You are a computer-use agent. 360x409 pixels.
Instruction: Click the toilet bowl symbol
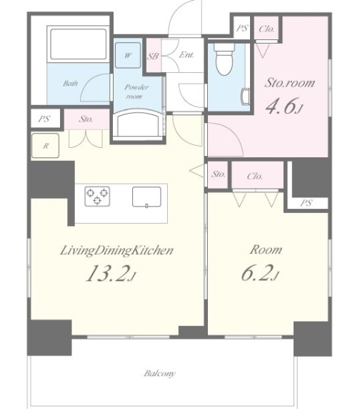pyautogui.click(x=224, y=59)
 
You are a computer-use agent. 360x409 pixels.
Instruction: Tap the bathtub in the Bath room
pyautogui.click(x=78, y=44)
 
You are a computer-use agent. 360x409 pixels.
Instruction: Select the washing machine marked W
pyautogui.click(x=128, y=56)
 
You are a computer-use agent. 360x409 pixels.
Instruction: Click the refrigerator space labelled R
pyautogui.click(x=45, y=146)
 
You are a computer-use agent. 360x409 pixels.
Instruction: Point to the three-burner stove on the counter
pyautogui.click(x=97, y=197)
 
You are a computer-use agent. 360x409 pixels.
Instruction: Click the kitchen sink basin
pyautogui.click(x=146, y=197)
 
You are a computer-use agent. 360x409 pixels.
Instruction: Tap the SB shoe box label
pyautogui.click(x=153, y=56)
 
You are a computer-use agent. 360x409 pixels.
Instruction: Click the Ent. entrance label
pyautogui.click(x=186, y=55)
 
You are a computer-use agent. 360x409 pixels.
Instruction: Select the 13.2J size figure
pyautogui.click(x=111, y=273)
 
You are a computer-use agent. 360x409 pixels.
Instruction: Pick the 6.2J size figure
pyautogui.click(x=261, y=273)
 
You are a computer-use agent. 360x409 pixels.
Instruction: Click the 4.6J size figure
pyautogui.click(x=284, y=106)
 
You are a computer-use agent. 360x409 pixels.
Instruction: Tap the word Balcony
pyautogui.click(x=160, y=373)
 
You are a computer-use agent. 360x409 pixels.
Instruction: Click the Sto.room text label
pyautogui.click(x=290, y=83)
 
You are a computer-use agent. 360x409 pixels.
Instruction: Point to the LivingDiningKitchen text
pyautogui.click(x=116, y=250)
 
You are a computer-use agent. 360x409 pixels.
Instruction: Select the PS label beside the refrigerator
pyautogui.click(x=44, y=119)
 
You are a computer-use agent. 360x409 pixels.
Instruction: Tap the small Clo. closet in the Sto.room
pyautogui.click(x=266, y=29)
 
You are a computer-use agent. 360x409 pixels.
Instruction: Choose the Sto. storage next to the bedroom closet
pyautogui.click(x=218, y=174)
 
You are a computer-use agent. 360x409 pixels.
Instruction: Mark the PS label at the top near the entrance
pyautogui.click(x=242, y=28)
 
